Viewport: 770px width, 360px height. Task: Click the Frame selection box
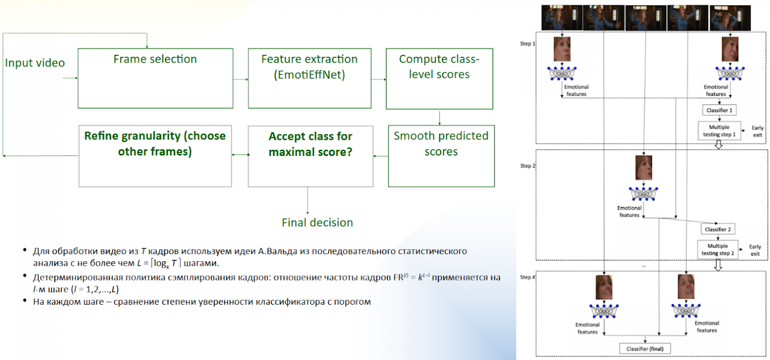coord(155,79)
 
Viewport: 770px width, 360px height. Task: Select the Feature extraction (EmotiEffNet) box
coord(309,79)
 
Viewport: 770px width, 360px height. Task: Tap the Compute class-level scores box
coord(439,79)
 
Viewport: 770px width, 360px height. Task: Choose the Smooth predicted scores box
coord(441,156)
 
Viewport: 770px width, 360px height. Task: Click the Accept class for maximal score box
coord(311,157)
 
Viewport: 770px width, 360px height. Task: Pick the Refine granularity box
coord(155,156)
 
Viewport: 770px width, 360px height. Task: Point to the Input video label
coord(35,63)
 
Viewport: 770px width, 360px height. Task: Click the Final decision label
coord(317,222)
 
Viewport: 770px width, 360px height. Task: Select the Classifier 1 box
coord(719,111)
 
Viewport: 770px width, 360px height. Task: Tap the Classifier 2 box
coord(718,229)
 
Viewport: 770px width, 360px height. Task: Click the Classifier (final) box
coord(645,349)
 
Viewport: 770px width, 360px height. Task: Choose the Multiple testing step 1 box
coord(719,131)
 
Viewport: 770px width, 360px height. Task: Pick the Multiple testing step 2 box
coord(718,249)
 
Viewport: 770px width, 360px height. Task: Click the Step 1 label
coord(528,43)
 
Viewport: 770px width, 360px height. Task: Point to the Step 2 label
coord(528,166)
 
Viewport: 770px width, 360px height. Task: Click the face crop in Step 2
coord(644,168)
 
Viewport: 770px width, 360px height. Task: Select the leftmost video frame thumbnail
coord(562,18)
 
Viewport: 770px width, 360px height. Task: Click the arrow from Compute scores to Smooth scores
coord(440,118)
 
